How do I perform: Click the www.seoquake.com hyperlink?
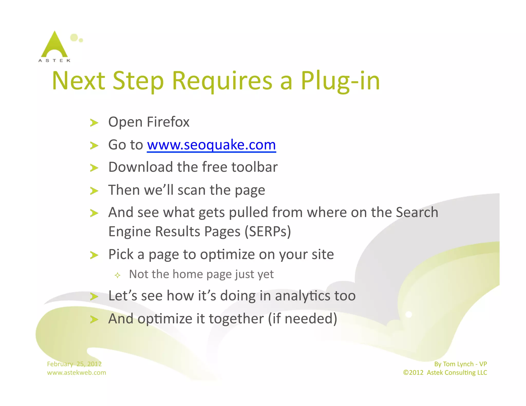point(211,145)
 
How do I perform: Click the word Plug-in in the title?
point(340,81)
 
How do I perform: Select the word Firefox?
point(168,122)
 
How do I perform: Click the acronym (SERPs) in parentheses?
point(268,231)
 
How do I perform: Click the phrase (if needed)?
point(302,319)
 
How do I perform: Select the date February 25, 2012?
point(74,364)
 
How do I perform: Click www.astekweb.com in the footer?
point(77,373)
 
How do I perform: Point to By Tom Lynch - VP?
point(461,364)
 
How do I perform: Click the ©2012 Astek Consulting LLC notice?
point(445,373)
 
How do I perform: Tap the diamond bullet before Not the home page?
point(118,275)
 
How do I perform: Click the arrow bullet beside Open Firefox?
point(94,123)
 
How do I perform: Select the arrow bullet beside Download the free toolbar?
point(94,168)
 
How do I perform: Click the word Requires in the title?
point(222,81)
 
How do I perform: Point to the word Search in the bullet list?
point(417,212)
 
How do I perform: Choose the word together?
point(236,319)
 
